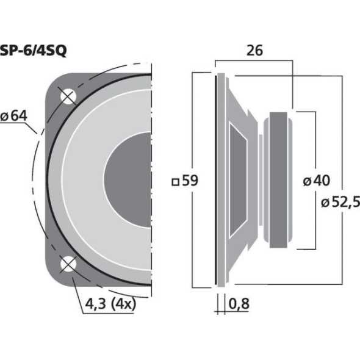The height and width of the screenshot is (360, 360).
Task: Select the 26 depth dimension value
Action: click(254, 51)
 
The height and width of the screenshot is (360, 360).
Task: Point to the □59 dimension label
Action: click(185, 181)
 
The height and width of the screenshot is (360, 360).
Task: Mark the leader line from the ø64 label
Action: click(36, 129)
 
